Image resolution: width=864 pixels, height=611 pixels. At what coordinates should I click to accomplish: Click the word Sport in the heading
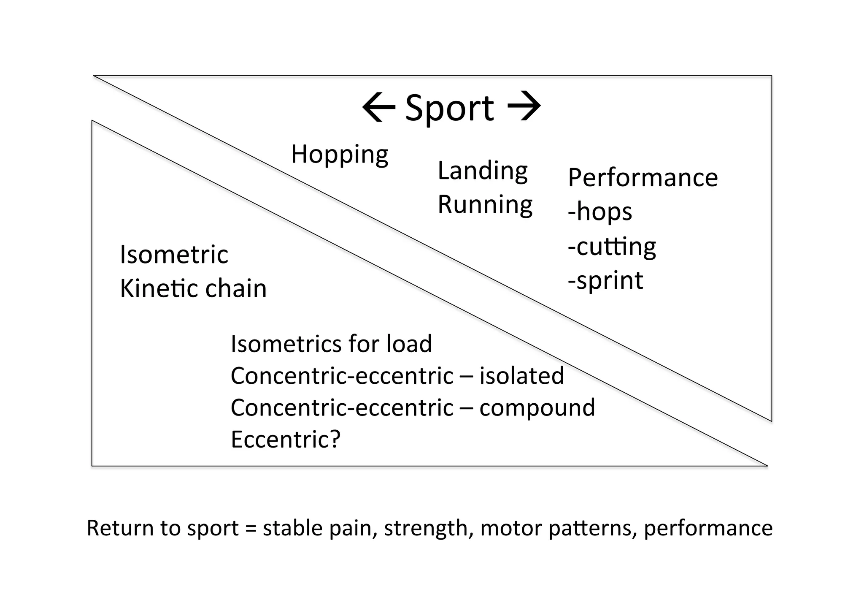pyautogui.click(x=449, y=109)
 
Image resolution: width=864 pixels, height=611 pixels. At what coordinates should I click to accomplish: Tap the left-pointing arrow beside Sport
pyautogui.click(x=378, y=107)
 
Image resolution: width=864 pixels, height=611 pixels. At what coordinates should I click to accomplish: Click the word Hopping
pyautogui.click(x=339, y=155)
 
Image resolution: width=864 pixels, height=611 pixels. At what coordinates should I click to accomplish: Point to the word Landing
pyautogui.click(x=482, y=171)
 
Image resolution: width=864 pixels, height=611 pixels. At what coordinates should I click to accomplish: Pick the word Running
pyautogui.click(x=485, y=205)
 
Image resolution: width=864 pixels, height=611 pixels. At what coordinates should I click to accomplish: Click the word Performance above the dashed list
pyautogui.click(x=643, y=178)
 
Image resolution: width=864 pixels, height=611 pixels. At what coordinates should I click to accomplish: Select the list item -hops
pyautogui.click(x=599, y=212)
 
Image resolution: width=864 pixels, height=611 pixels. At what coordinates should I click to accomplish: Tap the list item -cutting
pyautogui.click(x=612, y=247)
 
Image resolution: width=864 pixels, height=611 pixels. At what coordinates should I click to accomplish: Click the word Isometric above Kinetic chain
pyautogui.click(x=174, y=255)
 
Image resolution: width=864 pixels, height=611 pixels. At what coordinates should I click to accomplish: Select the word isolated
pyautogui.click(x=521, y=376)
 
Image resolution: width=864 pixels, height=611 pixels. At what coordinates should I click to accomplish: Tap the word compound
pyautogui.click(x=537, y=408)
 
